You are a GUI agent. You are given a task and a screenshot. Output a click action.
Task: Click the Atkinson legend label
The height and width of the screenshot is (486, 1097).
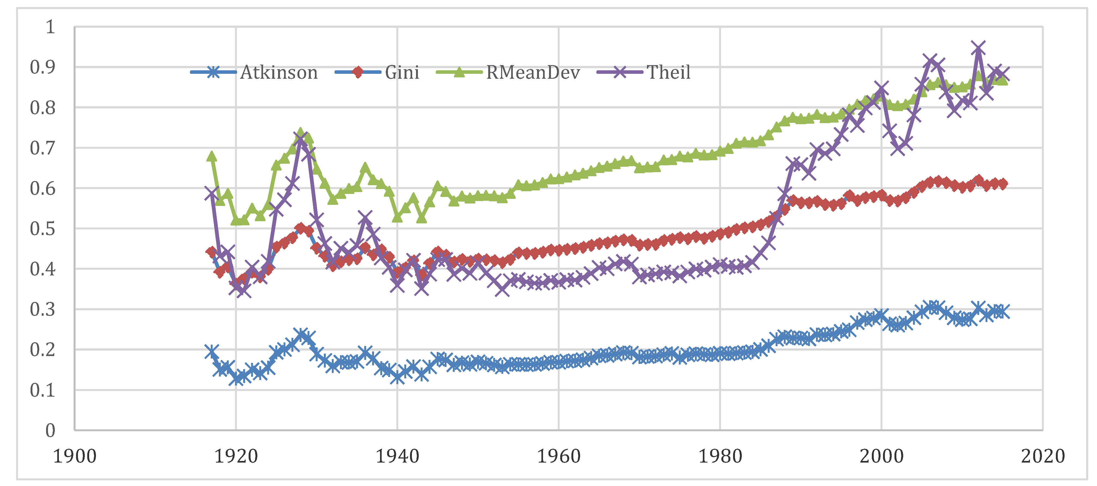click(279, 73)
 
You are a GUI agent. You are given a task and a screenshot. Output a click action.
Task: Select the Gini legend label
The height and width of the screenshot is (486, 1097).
click(402, 73)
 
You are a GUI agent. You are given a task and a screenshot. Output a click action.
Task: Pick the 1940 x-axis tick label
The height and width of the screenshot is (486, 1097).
click(397, 457)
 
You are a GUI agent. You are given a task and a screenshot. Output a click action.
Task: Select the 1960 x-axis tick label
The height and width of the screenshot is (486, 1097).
click(559, 457)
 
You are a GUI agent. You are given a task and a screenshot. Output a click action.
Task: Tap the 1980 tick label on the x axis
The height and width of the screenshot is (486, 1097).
click(720, 457)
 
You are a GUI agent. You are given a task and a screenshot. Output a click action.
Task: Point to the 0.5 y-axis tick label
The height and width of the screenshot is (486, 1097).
click(43, 229)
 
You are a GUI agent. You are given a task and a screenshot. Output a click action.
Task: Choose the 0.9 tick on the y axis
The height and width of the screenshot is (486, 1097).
click(43, 67)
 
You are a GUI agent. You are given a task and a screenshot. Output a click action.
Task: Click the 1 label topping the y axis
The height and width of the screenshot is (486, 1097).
click(50, 27)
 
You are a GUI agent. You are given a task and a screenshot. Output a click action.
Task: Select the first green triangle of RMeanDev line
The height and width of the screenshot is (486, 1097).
click(212, 156)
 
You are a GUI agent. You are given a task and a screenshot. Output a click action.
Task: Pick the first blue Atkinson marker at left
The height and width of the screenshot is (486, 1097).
click(212, 351)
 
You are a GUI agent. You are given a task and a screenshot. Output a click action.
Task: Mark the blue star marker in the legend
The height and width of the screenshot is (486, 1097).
click(213, 72)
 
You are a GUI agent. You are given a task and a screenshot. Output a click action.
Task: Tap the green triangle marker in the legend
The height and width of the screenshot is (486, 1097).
click(459, 72)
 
